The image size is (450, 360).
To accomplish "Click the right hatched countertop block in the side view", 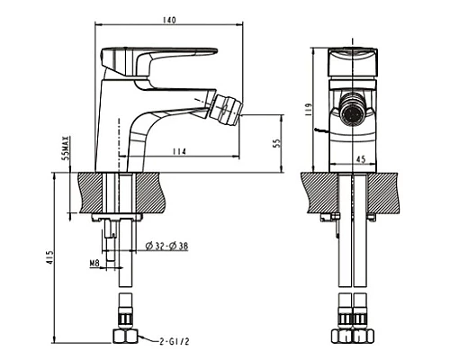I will pos(152,192).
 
